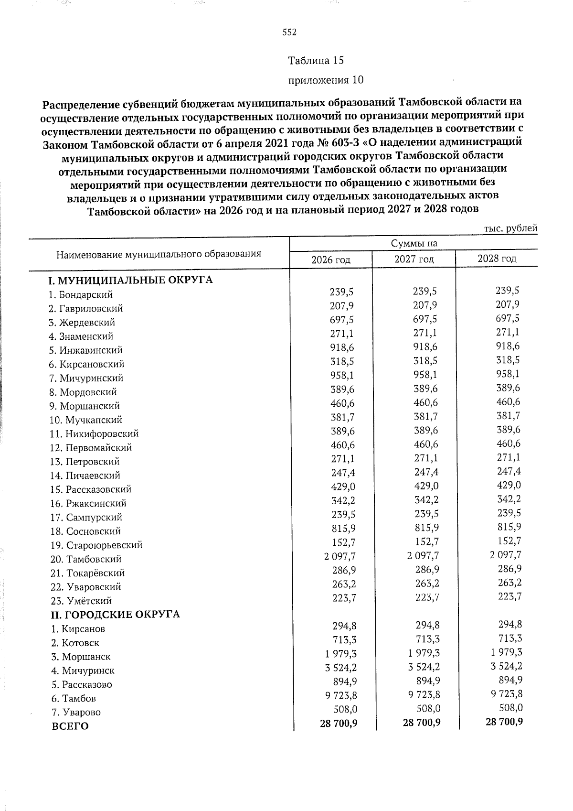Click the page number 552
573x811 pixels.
(x=289, y=32)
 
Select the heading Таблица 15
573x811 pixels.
(x=316, y=61)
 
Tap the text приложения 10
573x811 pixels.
(x=326, y=80)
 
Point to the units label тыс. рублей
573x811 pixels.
(x=510, y=228)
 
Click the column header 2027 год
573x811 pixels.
(x=414, y=260)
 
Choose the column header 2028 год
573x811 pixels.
(x=497, y=259)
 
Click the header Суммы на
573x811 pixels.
(x=414, y=244)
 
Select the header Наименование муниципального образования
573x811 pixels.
(x=159, y=254)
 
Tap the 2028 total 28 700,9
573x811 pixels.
(x=504, y=722)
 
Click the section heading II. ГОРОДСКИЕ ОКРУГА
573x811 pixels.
(x=115, y=614)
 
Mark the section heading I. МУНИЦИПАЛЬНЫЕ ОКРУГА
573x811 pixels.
(x=131, y=280)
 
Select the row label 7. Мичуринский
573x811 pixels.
(x=86, y=378)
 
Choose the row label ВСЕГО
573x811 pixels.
(x=70, y=726)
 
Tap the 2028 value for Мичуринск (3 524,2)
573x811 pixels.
(x=504, y=666)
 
